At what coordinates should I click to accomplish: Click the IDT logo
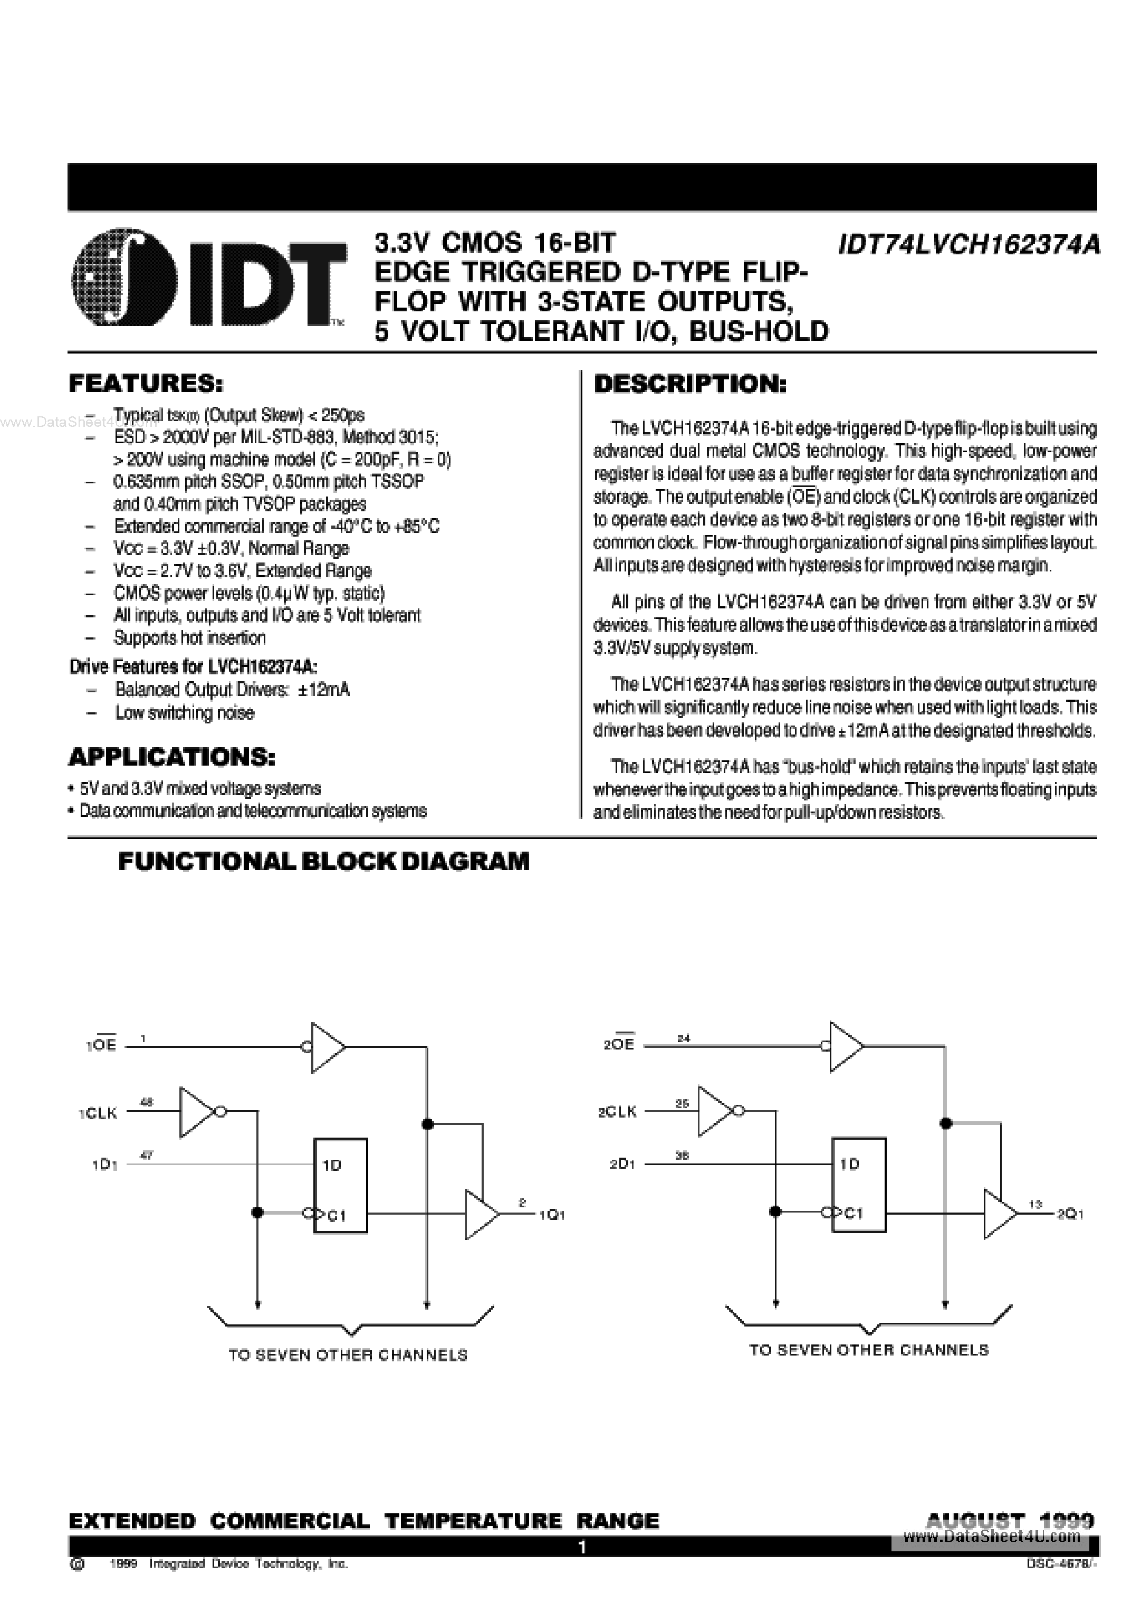(x=209, y=278)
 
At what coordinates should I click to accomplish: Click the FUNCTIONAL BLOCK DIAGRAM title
(x=324, y=862)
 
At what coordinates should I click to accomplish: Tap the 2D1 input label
(x=622, y=1165)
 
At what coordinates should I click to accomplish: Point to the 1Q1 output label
(x=552, y=1215)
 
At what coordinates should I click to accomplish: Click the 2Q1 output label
(x=1071, y=1214)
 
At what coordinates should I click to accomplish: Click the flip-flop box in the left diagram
(x=340, y=1185)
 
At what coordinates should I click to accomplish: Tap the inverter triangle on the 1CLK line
(x=198, y=1112)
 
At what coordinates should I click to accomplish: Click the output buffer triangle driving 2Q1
(x=999, y=1214)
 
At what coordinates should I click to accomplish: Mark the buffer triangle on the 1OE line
(x=327, y=1047)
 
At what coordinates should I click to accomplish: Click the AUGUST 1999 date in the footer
(x=1010, y=1522)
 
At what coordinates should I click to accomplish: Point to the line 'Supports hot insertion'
(x=190, y=638)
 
